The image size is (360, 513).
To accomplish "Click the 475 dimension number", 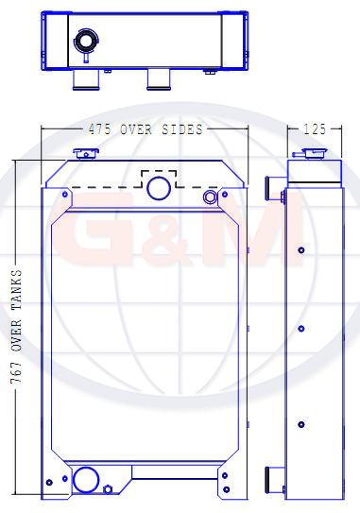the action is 99,129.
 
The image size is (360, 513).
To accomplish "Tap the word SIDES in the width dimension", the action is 182,129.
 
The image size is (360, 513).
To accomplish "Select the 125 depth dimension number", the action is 315,129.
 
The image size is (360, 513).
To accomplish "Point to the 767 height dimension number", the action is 16,372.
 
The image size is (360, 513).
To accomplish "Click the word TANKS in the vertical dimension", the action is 16,290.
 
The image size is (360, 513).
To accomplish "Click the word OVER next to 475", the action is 136,129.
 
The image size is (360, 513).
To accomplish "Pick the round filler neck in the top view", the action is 86,42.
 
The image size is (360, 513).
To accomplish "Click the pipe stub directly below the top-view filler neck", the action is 86,79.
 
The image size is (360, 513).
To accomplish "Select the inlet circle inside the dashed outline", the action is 159,188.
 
